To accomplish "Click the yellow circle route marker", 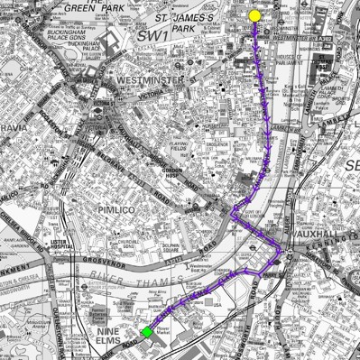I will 254,15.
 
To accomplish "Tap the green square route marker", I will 146,332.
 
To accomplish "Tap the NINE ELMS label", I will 108,336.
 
